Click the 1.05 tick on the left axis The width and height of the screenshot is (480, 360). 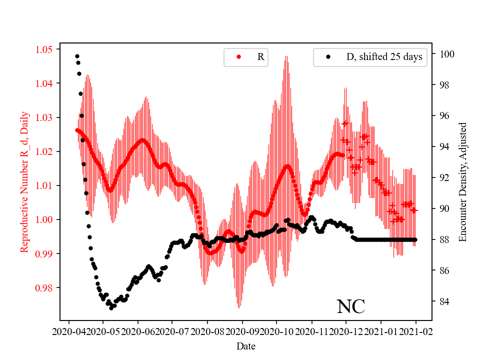[43, 49]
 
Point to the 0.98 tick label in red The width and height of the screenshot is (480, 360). [43, 287]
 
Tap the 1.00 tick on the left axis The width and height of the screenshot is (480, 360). [43, 219]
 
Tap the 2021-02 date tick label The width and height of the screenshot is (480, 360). [415, 331]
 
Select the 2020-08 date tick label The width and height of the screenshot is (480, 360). [207, 331]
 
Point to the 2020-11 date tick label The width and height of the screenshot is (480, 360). [311, 331]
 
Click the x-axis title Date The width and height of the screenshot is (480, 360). [245, 345]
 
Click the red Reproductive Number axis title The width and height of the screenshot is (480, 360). [24, 182]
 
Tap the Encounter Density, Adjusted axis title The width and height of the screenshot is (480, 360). [462, 182]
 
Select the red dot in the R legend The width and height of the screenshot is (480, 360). [238, 57]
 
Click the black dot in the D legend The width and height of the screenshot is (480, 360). [328, 57]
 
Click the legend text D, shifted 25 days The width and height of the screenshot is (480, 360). [384, 57]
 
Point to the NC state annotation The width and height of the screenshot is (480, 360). [350, 306]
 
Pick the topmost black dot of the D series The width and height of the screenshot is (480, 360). [77, 56]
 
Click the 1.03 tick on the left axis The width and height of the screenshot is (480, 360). [43, 117]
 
